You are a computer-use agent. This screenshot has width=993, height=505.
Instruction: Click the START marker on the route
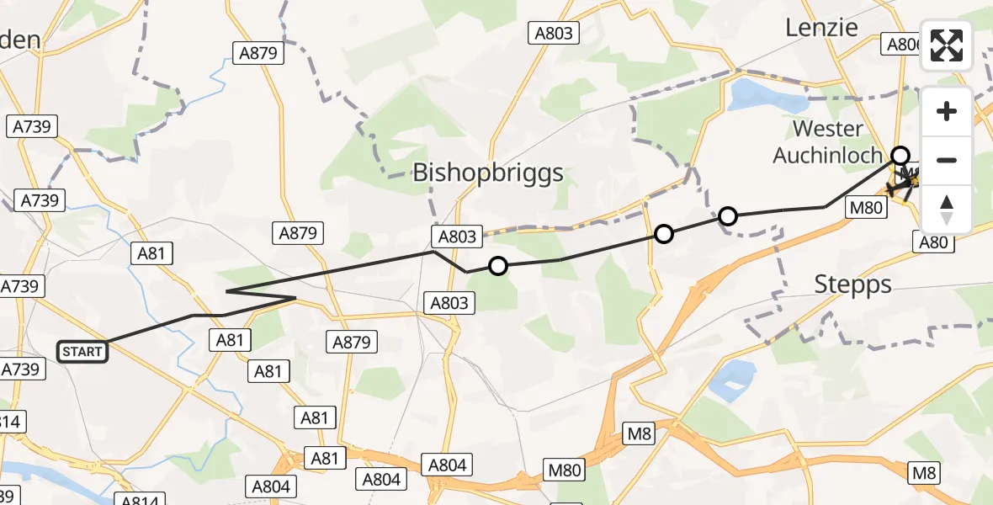coord(82,351)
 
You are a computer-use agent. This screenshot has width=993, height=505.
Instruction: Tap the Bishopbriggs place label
coord(487,174)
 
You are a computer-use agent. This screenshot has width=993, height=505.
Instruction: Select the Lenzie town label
coord(821,27)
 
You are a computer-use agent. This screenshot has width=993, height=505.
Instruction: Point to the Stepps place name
coord(852,284)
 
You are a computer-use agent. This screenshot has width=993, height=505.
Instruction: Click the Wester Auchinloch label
coord(828,142)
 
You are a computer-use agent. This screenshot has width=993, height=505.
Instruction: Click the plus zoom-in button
coord(947,111)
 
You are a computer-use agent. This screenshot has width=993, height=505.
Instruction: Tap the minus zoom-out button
coord(947,160)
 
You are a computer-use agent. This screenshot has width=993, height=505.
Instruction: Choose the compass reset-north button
coord(947,209)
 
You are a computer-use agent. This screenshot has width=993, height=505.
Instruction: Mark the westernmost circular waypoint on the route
coord(498,266)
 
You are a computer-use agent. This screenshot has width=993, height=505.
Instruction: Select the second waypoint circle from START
coord(664,233)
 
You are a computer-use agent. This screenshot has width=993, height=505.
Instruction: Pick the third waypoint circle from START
coord(728,216)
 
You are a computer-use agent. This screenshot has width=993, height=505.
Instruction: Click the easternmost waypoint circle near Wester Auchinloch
coord(900,155)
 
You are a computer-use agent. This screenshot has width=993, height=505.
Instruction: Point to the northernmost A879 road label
coord(258,53)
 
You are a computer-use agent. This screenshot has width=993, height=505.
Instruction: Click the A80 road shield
coord(933,243)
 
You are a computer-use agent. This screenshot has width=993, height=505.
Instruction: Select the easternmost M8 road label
coord(924,474)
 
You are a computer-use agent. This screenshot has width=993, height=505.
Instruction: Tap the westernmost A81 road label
coord(152,252)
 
